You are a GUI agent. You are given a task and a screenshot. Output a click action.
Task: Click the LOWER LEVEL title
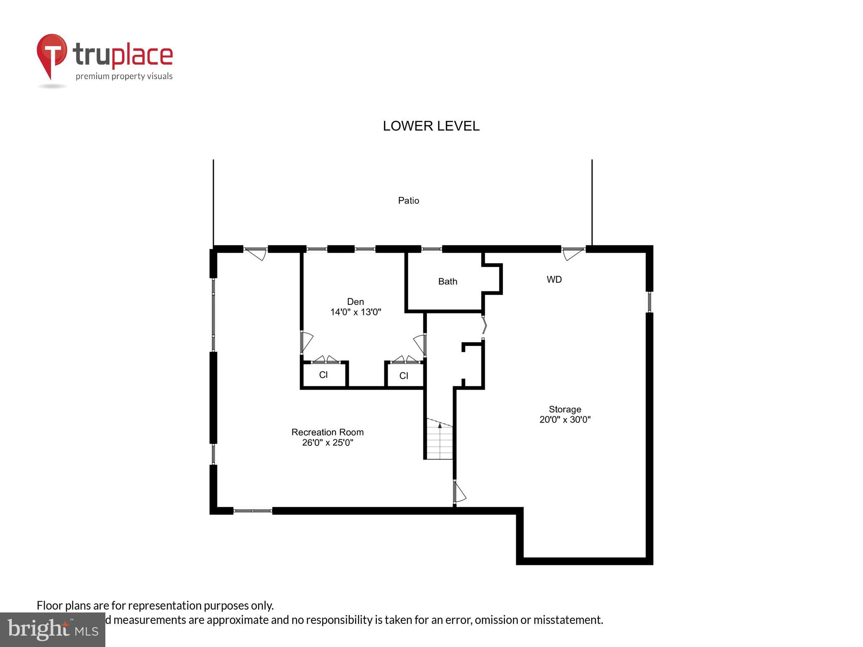point(431,126)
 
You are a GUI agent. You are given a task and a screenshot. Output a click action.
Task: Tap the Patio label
point(408,201)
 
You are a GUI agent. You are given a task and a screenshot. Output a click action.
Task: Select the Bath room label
point(448,281)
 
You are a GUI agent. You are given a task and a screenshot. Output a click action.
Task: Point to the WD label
point(554,280)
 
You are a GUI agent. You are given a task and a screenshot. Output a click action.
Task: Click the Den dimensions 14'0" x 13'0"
point(355,312)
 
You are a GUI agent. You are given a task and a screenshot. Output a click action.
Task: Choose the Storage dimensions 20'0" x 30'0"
point(565,420)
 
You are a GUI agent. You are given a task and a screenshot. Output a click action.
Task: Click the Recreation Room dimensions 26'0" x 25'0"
point(327,443)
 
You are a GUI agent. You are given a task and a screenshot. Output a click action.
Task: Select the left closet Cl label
point(323,375)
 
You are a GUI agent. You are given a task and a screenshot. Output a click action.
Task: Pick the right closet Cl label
point(404,376)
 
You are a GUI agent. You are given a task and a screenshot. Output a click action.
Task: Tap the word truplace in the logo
point(123,55)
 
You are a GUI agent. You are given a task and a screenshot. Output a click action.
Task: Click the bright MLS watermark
point(52,629)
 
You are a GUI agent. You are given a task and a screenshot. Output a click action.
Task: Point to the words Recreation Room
point(327,432)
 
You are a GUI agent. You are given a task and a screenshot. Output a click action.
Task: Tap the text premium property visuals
point(124,76)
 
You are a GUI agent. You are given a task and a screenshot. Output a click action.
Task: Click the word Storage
point(565,409)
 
